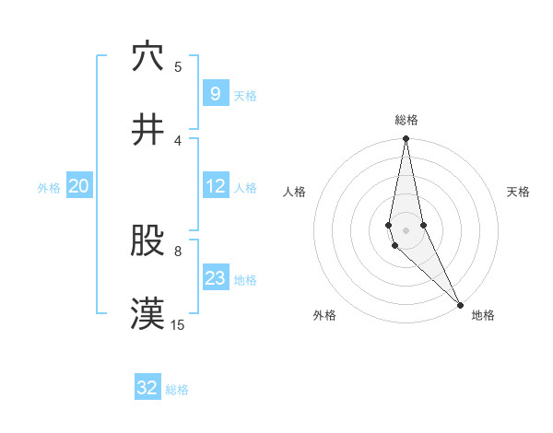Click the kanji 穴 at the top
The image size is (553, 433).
coord(147,58)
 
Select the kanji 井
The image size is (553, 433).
coord(147,130)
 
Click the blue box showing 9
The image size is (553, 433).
coord(215,93)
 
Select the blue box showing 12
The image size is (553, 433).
coord(215,186)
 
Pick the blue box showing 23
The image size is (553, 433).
coord(215,277)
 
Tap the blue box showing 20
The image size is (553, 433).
coord(79,186)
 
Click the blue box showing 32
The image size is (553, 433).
coord(147,388)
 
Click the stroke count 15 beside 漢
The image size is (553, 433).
coord(178,324)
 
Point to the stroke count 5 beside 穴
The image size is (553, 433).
coord(178,66)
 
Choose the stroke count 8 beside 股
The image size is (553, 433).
coord(178,250)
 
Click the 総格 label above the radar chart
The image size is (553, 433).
coord(406,121)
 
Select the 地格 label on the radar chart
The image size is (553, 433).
coord(483,316)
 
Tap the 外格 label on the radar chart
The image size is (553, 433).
coord(324,316)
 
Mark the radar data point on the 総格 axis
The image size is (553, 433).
coord(406,139)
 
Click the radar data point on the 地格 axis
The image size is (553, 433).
coord(460,303)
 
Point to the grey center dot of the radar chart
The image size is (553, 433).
coord(406,229)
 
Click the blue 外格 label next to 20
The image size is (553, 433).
coord(49,187)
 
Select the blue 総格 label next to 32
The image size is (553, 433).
coord(177,390)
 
